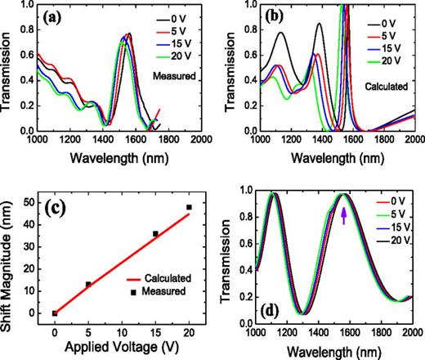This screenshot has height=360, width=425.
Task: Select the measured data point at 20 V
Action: click(x=189, y=208)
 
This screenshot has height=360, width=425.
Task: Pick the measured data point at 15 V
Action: click(x=155, y=234)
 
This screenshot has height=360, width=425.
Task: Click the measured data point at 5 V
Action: click(x=88, y=285)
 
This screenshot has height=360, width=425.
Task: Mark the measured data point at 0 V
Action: click(x=55, y=313)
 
